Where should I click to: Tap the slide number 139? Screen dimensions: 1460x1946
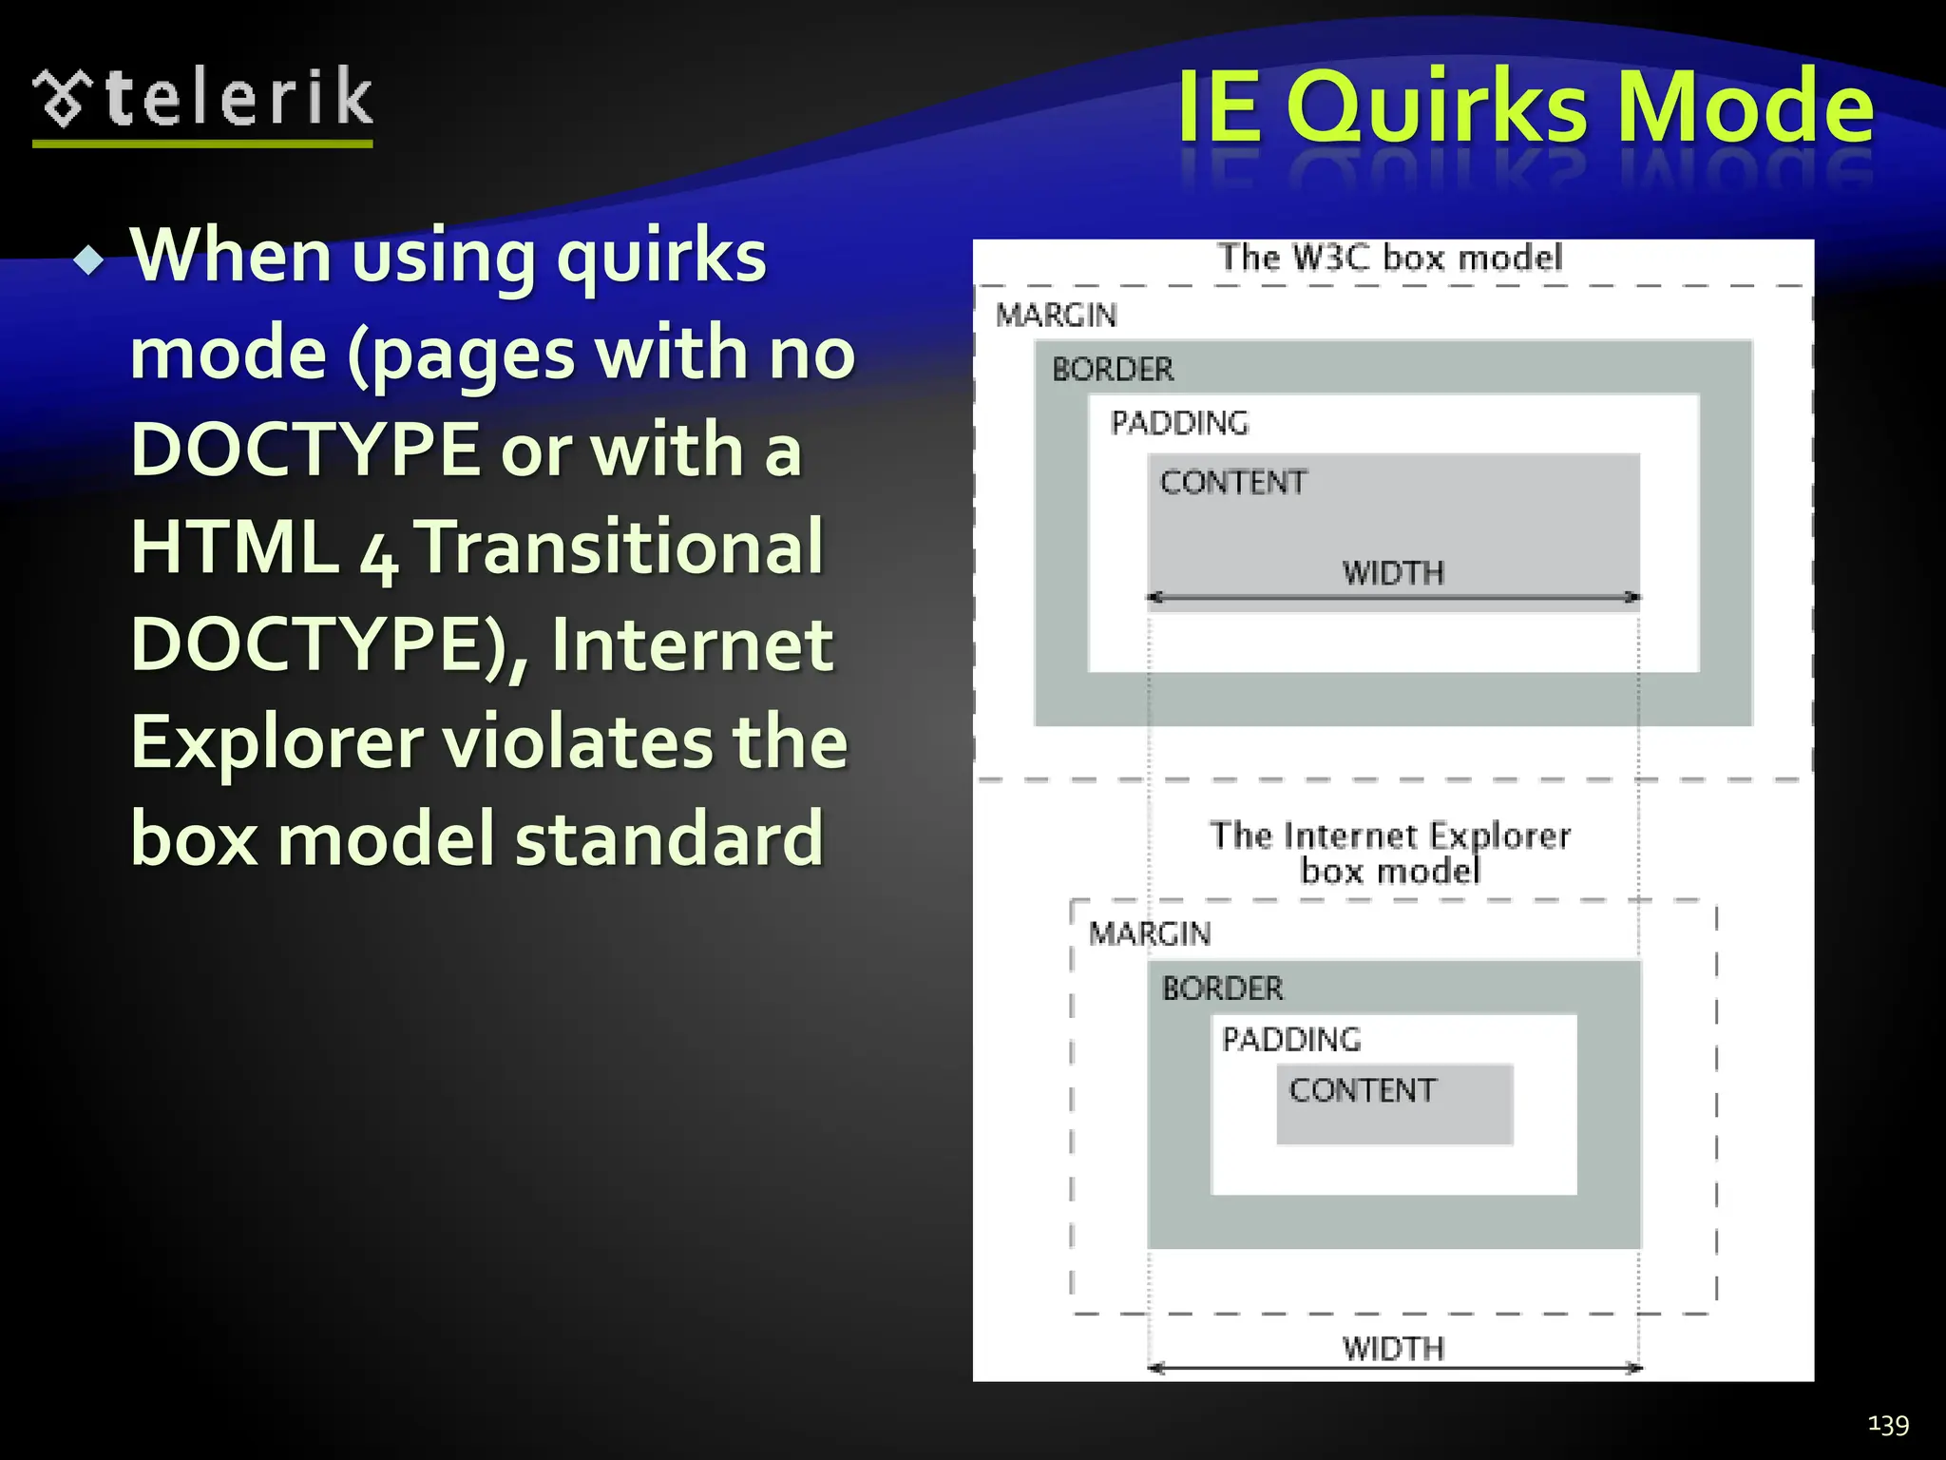pyautogui.click(x=1888, y=1423)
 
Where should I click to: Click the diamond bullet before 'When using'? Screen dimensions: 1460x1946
pyautogui.click(x=90, y=259)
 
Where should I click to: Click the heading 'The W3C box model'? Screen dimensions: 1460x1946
pyautogui.click(x=1390, y=258)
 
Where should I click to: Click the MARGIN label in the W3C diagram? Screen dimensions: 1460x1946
pyautogui.click(x=1056, y=316)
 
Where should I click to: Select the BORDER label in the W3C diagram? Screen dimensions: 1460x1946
pyautogui.click(x=1113, y=369)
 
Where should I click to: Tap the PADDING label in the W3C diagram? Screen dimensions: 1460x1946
pyautogui.click(x=1179, y=423)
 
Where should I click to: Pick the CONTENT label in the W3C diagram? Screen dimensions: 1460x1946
pyautogui.click(x=1232, y=483)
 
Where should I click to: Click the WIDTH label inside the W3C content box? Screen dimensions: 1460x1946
pyautogui.click(x=1393, y=573)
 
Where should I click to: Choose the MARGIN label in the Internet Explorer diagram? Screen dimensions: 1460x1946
pyautogui.click(x=1149, y=933)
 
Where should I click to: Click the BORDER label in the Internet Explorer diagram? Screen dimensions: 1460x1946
pyautogui.click(x=1222, y=989)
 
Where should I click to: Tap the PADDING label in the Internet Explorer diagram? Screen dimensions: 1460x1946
pyautogui.click(x=1290, y=1040)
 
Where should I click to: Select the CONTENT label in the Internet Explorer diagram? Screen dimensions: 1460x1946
pyautogui.click(x=1362, y=1090)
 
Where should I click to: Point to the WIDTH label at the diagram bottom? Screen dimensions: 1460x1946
pyautogui.click(x=1393, y=1348)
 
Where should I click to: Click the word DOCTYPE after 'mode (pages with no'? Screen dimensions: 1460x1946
pyautogui.click(x=304, y=450)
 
